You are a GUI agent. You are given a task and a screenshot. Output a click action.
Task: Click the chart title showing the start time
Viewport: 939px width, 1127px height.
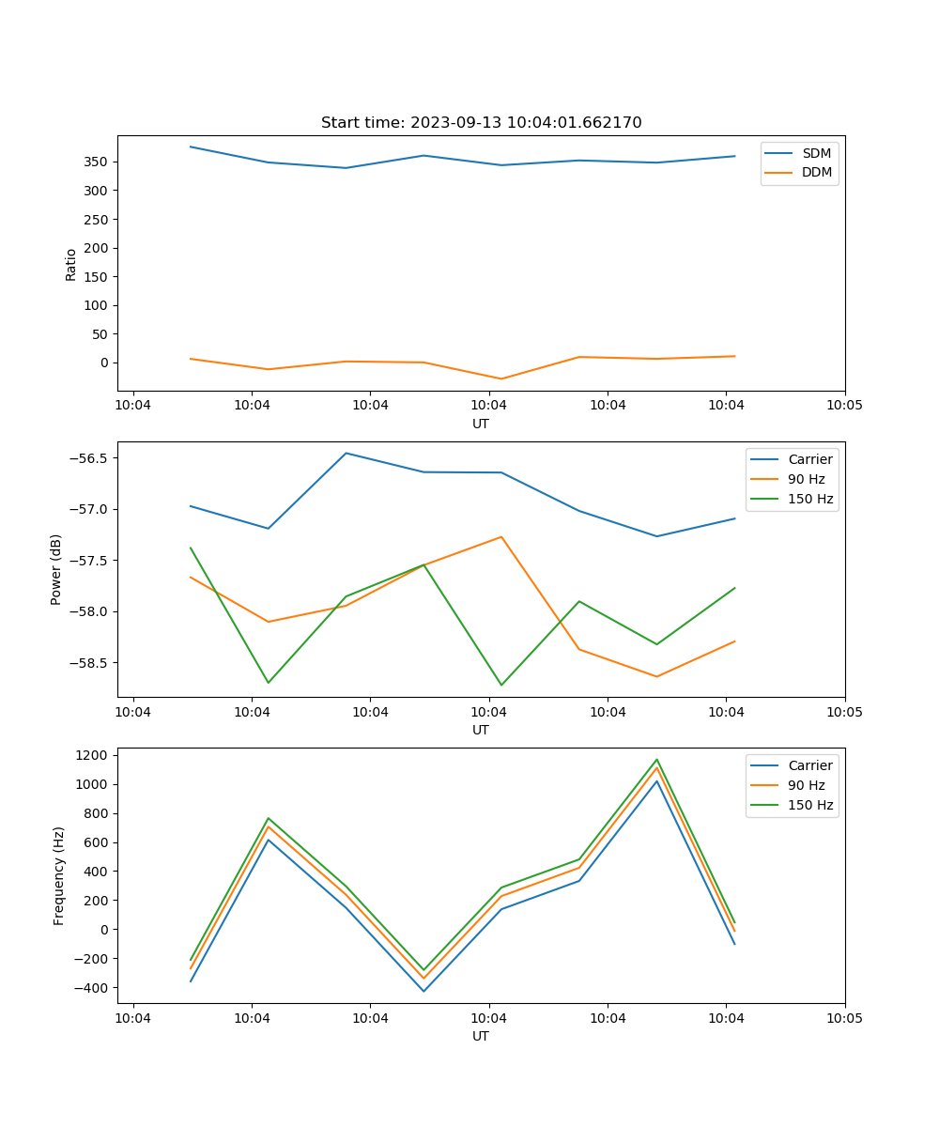481,123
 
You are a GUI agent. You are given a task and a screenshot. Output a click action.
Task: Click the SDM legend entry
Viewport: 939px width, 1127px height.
816,153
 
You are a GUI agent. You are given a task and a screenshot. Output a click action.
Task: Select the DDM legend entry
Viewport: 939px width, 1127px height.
816,173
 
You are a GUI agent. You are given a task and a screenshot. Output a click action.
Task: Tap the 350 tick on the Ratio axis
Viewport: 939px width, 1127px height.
97,162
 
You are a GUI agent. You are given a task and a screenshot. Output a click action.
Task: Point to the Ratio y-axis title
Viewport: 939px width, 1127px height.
71,264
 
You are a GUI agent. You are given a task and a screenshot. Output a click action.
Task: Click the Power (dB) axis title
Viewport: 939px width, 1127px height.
56,569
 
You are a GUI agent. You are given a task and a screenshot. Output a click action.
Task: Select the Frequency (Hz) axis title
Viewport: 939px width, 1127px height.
59,875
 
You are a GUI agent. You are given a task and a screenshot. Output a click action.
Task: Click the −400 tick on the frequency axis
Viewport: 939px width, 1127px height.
93,988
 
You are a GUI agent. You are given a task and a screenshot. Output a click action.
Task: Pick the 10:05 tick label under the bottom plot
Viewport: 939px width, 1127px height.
844,1017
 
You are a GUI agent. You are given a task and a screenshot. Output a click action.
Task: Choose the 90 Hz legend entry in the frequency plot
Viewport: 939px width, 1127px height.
807,785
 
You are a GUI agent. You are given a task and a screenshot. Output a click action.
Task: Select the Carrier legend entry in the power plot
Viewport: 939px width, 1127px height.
809,459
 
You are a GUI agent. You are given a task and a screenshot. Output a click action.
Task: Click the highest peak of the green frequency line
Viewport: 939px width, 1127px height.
656,760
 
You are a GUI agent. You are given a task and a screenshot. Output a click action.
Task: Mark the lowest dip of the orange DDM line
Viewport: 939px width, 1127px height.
501,379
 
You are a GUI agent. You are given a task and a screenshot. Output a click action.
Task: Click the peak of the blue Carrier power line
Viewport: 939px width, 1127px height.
346,453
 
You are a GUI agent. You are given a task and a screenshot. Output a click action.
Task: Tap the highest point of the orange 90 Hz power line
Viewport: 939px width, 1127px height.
501,537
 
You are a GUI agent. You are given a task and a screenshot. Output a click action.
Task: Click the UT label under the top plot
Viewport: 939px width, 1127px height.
481,424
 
